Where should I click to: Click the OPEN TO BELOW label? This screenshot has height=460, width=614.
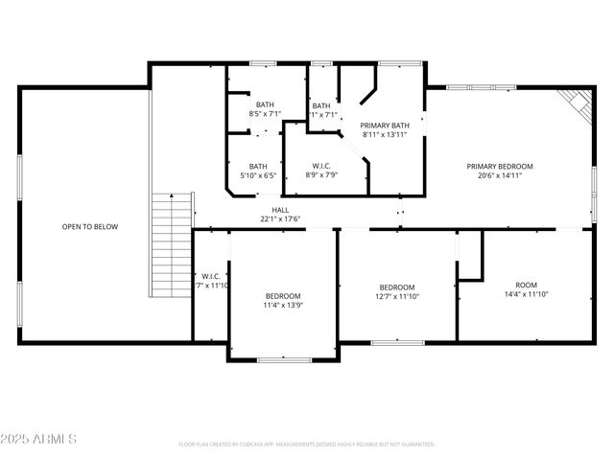[x=90, y=227]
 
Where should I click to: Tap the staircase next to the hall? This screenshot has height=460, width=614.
[x=172, y=243]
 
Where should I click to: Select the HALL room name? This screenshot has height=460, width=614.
[x=280, y=210]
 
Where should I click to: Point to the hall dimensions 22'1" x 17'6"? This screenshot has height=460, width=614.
[x=280, y=219]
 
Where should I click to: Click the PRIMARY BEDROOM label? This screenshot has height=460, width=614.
[x=499, y=166]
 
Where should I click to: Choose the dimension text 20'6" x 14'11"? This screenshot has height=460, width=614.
[x=499, y=175]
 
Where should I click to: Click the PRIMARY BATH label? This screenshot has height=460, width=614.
[x=385, y=126]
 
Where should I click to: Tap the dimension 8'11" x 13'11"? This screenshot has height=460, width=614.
[x=385, y=135]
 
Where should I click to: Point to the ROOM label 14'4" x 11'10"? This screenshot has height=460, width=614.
[x=526, y=286]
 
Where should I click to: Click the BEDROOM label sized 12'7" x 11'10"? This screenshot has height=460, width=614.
[x=396, y=287]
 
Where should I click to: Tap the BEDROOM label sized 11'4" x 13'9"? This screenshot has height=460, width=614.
[x=283, y=296]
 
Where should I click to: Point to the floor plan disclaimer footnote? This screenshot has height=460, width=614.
[x=307, y=445]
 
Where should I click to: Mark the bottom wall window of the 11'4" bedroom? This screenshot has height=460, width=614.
[x=283, y=359]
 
